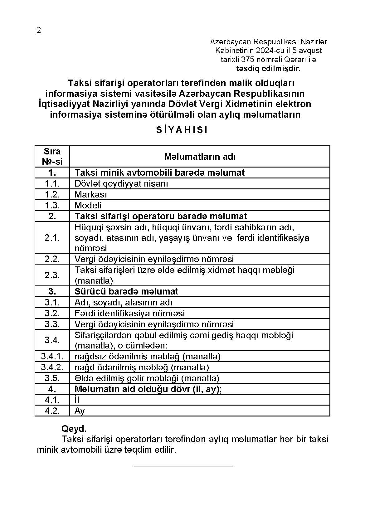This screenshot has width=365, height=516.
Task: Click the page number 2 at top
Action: [39, 30]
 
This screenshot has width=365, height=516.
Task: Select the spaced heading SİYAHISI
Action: [182, 130]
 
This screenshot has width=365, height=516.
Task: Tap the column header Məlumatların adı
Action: [200, 156]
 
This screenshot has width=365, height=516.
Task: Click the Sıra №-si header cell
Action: [52, 156]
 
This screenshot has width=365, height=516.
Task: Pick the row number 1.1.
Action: [52, 183]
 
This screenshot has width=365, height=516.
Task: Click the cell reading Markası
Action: [90, 194]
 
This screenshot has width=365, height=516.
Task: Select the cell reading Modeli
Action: [88, 205]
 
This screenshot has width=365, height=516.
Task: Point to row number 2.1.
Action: [52, 238]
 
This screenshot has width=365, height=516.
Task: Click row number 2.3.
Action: [52, 275]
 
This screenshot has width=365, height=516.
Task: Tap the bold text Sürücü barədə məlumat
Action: [126, 291]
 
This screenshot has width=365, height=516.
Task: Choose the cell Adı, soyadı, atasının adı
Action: [124, 302]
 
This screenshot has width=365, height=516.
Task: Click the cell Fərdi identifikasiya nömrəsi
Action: [129, 313]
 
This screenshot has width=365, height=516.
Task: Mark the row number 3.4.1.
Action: [52, 356]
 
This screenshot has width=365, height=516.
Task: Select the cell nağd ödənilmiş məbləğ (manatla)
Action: [142, 367]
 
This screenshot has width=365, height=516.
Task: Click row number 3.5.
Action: [52, 378]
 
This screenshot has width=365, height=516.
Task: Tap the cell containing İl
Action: [77, 400]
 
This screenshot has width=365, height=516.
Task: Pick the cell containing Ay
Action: [80, 411]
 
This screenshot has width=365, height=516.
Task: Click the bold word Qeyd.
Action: [74, 428]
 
